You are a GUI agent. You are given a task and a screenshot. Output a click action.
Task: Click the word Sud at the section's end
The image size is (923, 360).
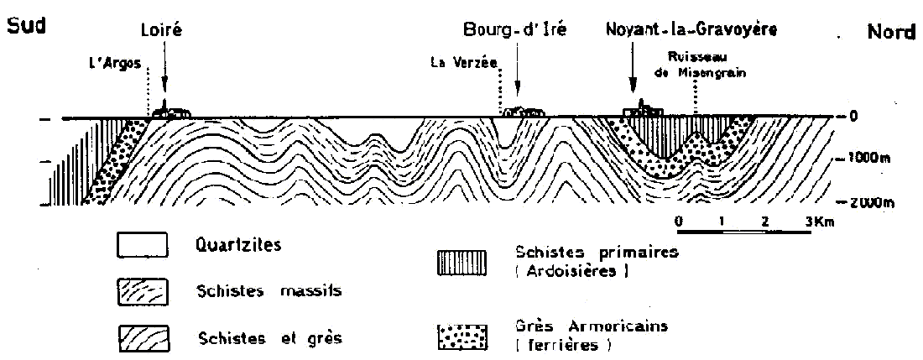27,27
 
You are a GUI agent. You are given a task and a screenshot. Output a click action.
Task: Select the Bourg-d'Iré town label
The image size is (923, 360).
515,29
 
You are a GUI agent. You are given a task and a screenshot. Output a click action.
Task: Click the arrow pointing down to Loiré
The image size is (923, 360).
164,70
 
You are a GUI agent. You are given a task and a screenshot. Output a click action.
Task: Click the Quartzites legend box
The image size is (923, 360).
143,245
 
